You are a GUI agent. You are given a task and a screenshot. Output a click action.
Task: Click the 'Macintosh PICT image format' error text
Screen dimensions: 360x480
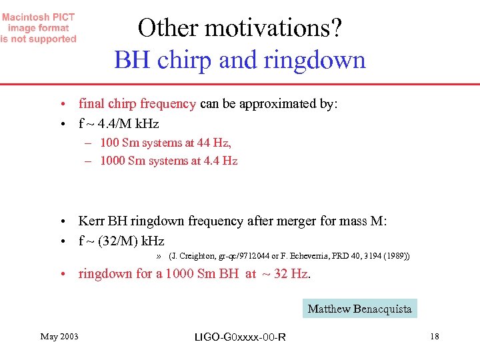click(x=38, y=28)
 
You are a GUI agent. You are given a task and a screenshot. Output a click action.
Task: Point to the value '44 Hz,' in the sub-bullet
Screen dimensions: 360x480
click(x=214, y=143)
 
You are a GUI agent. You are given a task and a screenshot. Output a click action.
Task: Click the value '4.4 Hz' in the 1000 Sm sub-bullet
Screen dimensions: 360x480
click(x=221, y=161)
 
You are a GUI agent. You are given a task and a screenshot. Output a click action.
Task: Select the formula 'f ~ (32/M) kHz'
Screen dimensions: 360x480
click(x=121, y=241)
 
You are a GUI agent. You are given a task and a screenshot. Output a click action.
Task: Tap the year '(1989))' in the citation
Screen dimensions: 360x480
click(x=397, y=256)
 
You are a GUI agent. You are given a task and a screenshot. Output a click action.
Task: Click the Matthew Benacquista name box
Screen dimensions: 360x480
click(x=359, y=309)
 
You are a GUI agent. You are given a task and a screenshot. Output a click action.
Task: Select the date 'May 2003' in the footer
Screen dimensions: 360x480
click(x=59, y=337)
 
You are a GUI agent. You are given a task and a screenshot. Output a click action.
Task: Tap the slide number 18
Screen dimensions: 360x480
click(x=435, y=337)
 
